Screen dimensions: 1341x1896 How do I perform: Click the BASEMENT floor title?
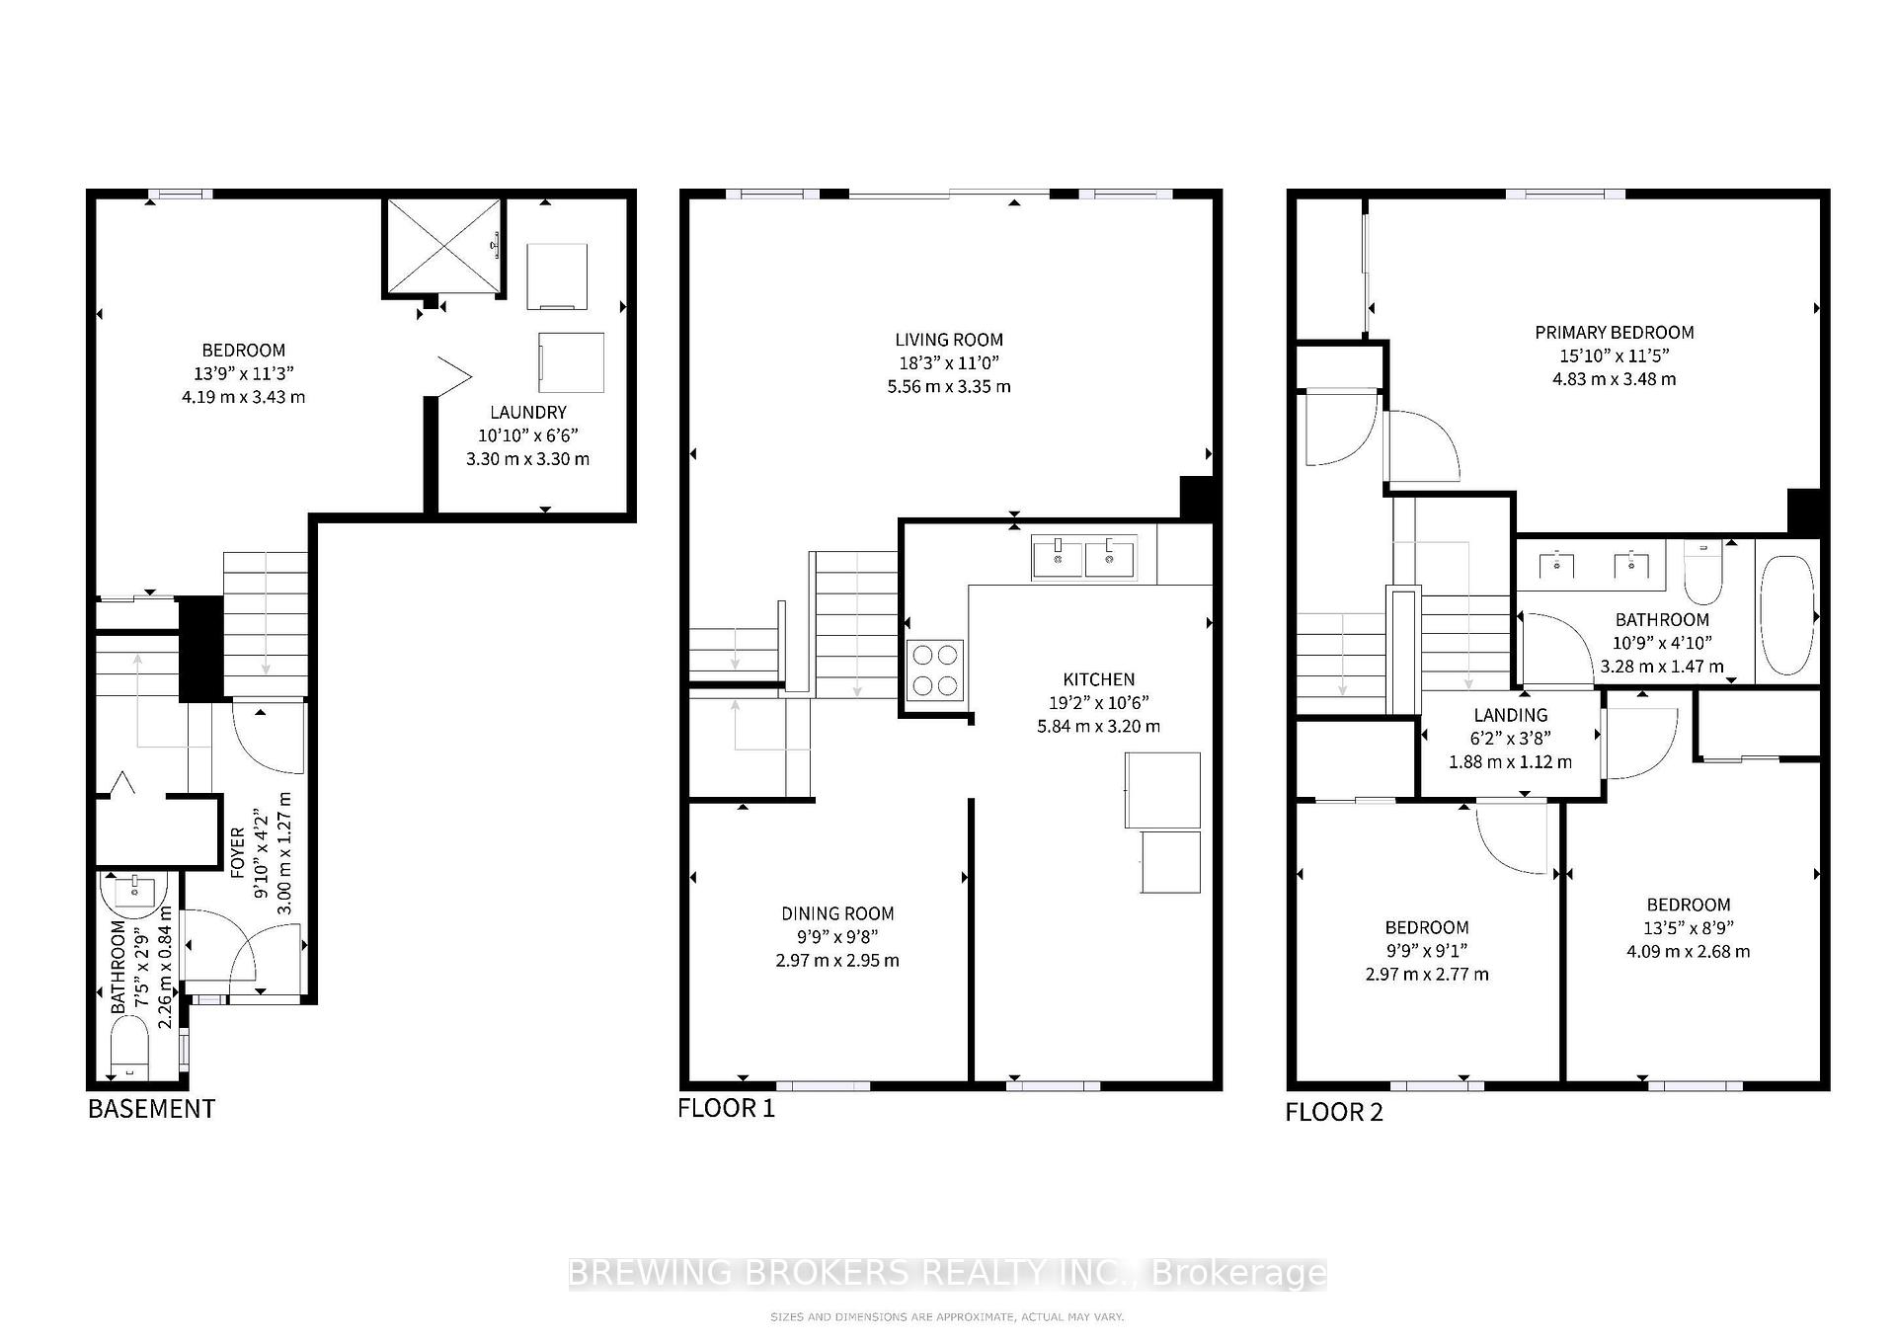pos(151,1108)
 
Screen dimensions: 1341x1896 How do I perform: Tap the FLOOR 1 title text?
pos(726,1108)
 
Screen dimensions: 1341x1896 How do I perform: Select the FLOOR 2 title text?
pos(1333,1112)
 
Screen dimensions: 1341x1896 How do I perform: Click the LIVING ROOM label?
pos(948,340)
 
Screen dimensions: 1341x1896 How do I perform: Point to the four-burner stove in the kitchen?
pos(935,670)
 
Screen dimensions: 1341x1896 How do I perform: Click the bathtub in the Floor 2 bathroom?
pos(1786,615)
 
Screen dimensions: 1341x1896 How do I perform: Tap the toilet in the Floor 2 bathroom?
pos(1702,575)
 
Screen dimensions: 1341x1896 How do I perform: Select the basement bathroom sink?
pos(133,892)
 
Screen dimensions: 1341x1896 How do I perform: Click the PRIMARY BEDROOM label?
pos(1614,333)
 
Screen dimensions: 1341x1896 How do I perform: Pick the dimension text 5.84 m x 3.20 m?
pos(1098,726)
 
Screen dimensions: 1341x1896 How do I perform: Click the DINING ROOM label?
pos(837,913)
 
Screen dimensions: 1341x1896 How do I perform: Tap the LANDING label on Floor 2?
pos(1510,715)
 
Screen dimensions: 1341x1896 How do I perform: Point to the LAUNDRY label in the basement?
pos(528,412)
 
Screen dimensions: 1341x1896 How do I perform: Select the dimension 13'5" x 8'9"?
pos(1688,927)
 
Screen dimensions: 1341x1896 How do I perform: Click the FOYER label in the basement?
pos(238,852)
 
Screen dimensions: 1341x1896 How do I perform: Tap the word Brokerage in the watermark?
pos(1239,1273)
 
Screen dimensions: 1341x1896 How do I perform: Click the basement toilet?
pos(128,1050)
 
